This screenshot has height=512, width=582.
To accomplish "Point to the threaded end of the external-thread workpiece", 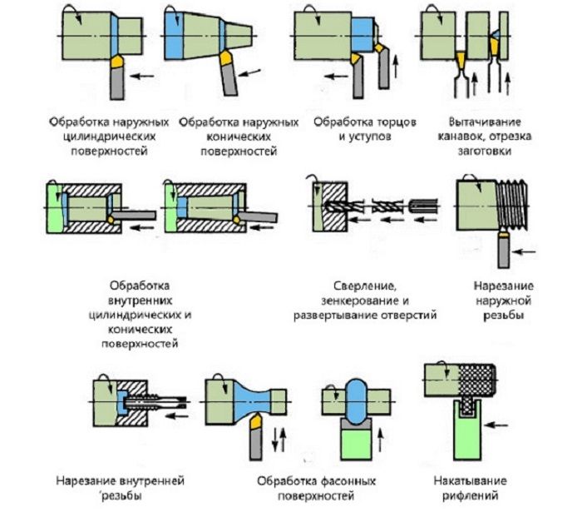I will [x=513, y=204].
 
